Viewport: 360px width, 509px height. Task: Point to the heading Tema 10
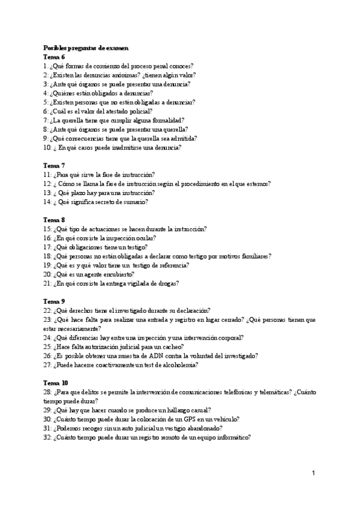[x=56, y=382]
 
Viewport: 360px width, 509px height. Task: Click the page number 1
[x=313, y=474]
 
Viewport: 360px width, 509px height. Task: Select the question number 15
[x=47, y=229]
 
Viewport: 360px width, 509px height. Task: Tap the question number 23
[x=47, y=319]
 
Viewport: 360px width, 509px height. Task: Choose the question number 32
[x=47, y=437]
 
